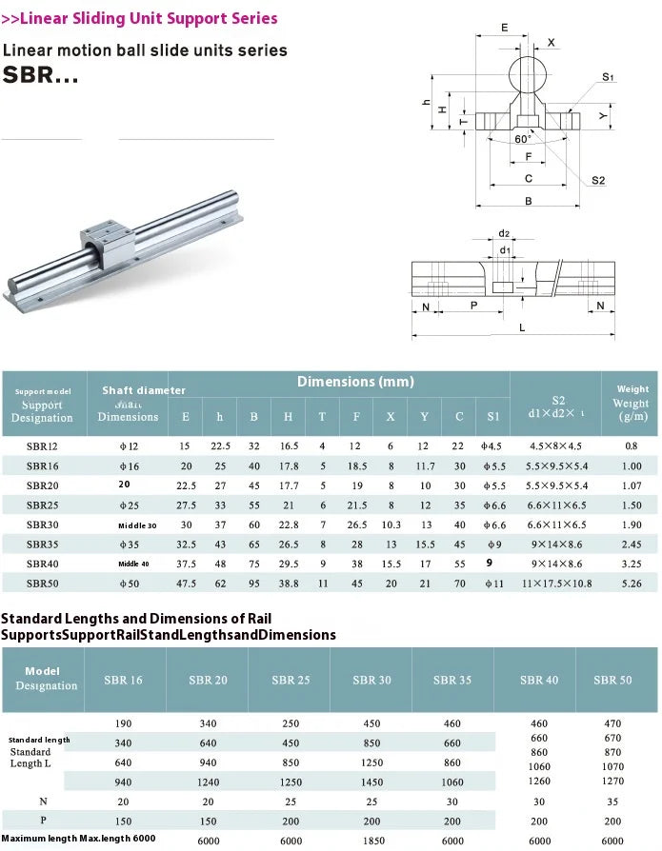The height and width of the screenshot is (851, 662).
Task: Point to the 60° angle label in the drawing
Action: coord(523,139)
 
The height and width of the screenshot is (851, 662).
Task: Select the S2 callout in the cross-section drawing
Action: coord(597,180)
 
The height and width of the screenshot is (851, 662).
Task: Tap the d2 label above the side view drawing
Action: coord(504,233)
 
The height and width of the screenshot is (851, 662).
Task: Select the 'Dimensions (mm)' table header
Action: coord(355,382)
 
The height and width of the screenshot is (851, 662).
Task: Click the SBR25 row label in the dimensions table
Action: coord(42,505)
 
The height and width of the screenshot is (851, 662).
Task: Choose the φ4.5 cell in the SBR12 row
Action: coord(491,445)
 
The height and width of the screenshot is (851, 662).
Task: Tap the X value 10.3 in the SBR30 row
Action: coord(391,524)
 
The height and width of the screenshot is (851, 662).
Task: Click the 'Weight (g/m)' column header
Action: coord(632,404)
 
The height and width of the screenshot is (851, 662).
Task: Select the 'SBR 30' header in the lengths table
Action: coord(371,680)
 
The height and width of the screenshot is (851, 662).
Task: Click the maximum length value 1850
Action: coord(371,841)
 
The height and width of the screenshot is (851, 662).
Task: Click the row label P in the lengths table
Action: coord(43,820)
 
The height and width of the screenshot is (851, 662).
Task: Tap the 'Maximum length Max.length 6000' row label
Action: coord(78,838)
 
